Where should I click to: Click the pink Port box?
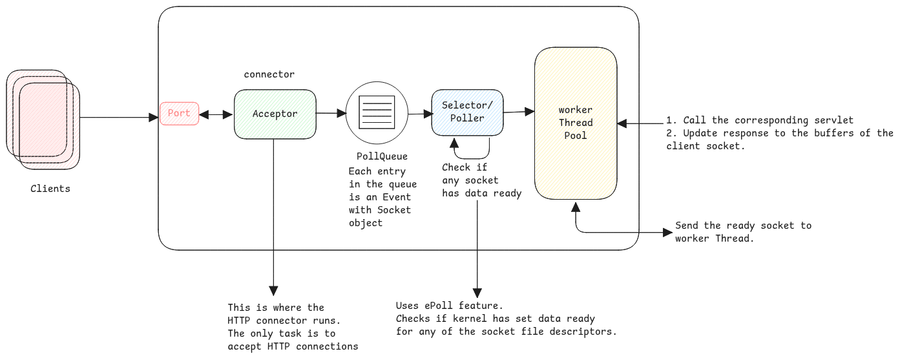pyautogui.click(x=179, y=113)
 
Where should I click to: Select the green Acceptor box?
pyautogui.click(x=275, y=114)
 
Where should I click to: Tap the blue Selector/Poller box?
pyautogui.click(x=467, y=112)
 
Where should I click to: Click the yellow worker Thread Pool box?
pyautogui.click(x=575, y=122)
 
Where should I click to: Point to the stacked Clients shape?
pyautogui.click(x=44, y=120)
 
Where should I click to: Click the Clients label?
pyautogui.click(x=50, y=189)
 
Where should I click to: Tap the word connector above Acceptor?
pyautogui.click(x=269, y=74)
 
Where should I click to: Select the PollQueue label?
pyautogui.click(x=382, y=156)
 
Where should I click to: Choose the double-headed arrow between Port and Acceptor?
pyautogui.click(x=216, y=114)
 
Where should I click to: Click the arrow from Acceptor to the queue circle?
pyautogui.click(x=331, y=113)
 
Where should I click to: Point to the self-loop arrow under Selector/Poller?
pyautogui.click(x=472, y=154)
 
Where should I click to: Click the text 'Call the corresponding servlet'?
pyautogui.click(x=766, y=120)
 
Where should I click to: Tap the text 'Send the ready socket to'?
pyautogui.click(x=743, y=226)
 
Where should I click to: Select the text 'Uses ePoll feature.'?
pyautogui.click(x=449, y=305)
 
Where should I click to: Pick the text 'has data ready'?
pyautogui.click(x=481, y=193)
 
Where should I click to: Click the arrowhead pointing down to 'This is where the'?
pyautogui.click(x=273, y=291)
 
